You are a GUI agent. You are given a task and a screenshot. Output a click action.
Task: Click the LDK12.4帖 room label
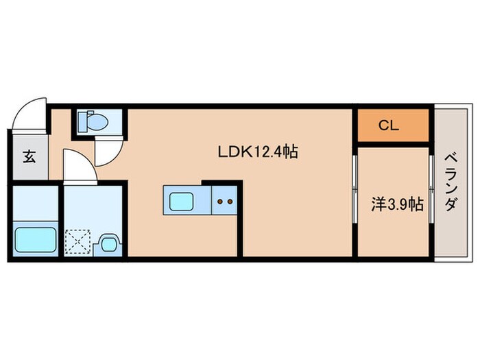257,152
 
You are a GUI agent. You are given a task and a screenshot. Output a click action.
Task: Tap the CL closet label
389,125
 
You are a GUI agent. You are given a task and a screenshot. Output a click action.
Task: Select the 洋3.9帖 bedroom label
397,204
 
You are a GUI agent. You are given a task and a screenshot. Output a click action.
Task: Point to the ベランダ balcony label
451,182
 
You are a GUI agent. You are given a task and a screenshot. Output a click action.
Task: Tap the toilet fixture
93,121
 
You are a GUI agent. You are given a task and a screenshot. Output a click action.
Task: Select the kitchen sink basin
181,201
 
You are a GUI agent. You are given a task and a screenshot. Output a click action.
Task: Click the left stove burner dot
220,202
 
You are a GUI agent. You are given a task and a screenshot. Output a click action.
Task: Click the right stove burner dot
230,202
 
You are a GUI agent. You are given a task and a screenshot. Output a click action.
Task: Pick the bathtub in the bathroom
36,239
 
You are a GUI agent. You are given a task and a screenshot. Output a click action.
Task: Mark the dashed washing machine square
78,242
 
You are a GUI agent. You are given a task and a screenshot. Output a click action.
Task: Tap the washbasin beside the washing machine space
108,243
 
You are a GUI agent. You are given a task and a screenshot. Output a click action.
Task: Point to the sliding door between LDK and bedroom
355,189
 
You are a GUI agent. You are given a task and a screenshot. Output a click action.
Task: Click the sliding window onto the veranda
431,189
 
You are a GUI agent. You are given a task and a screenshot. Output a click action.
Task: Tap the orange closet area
393,125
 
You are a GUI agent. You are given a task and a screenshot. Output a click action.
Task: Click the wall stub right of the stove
240,219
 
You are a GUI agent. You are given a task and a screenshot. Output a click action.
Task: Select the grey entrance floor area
30,157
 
